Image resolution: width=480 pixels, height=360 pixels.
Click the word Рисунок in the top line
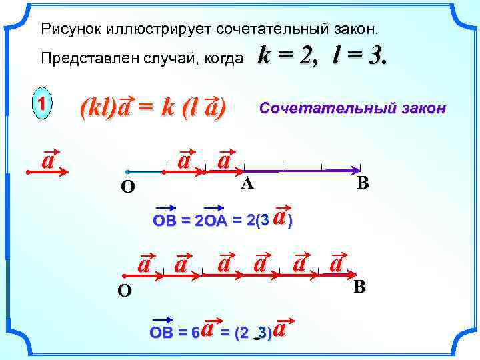pos(65,29)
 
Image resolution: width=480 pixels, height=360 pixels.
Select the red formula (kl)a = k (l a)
pos(153,107)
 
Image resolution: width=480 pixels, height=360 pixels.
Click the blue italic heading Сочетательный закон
pos(353,108)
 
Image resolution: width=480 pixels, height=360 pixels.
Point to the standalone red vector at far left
pos(48,166)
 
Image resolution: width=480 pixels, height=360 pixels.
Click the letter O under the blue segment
pos(127,188)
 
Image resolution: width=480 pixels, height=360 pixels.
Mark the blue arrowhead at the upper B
pos(354,170)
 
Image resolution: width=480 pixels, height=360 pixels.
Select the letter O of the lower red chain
pos(125,291)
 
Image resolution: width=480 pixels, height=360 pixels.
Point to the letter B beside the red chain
pos(360,288)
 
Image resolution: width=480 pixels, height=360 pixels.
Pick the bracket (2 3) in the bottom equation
pos(253,333)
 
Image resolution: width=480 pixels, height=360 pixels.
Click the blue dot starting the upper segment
pos(127,171)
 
